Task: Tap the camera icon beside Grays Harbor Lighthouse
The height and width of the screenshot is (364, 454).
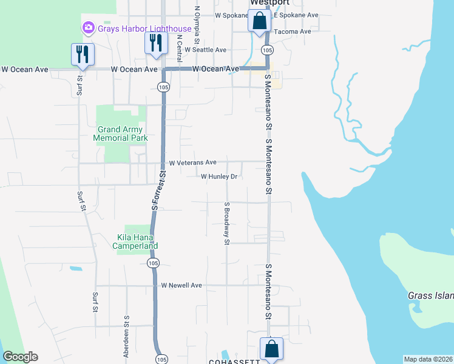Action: point(89,27)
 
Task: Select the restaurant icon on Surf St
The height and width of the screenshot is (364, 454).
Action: point(81,54)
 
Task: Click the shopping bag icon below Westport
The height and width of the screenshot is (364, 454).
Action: point(259,21)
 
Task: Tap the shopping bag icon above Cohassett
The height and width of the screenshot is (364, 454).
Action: point(271,349)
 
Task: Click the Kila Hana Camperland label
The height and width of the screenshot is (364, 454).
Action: point(138,241)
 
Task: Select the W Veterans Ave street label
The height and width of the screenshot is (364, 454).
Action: point(192,163)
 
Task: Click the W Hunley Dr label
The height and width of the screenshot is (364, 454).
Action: point(219,177)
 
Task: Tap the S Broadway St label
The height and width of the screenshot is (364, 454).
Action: point(226,223)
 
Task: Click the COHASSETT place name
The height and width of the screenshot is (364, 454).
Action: point(234,361)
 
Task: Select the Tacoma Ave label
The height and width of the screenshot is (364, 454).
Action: point(293,32)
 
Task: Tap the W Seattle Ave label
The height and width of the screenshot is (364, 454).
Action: point(205,50)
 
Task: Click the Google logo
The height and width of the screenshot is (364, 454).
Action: point(20,357)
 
